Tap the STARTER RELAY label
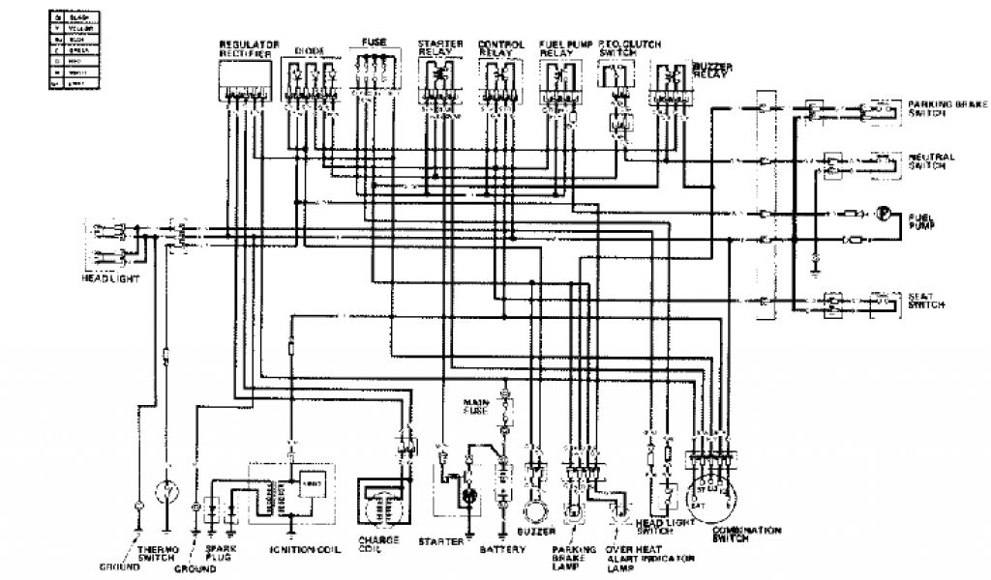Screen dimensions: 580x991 tap(439, 48)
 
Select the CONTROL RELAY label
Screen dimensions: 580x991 tap(502, 48)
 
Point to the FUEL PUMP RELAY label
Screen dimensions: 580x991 tap(561, 48)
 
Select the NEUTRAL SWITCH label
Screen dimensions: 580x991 tap(932, 159)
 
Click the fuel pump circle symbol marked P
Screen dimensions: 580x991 tap(883, 214)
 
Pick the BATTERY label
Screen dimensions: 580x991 tap(502, 548)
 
